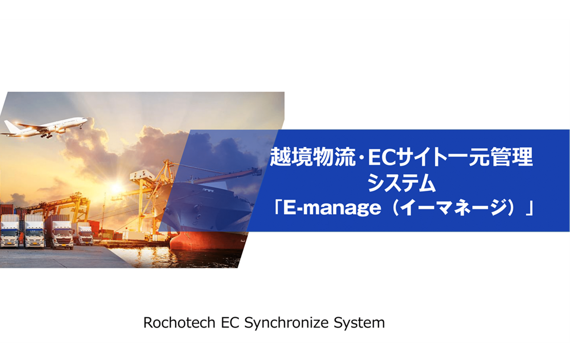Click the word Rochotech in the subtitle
click(x=179, y=322)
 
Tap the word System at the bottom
click(x=359, y=323)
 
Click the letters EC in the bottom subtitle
click(x=230, y=322)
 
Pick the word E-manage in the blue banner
click(x=332, y=208)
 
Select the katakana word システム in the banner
click(x=401, y=183)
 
